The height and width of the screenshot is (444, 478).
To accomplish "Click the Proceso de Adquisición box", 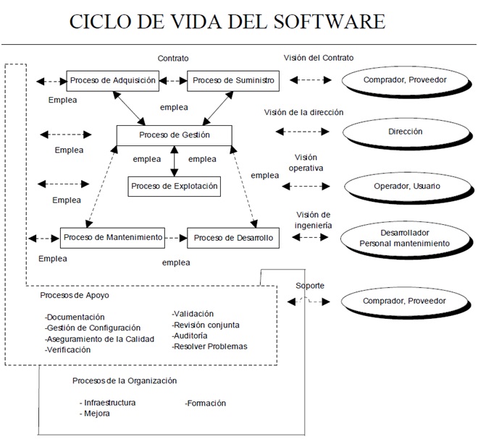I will [113, 81].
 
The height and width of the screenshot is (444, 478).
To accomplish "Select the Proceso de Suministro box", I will [233, 81].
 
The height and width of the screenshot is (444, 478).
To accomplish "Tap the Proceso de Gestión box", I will [174, 135].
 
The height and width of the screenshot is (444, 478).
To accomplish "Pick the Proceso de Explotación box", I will [174, 186].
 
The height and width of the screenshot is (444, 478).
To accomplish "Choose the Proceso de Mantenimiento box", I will [112, 237].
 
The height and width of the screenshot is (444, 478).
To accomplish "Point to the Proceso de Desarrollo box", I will [233, 237].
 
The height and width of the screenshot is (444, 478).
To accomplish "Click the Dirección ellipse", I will [405, 132].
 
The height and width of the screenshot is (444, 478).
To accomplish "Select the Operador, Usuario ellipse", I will [406, 186].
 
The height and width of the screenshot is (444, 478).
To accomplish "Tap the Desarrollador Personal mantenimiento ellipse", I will [405, 239].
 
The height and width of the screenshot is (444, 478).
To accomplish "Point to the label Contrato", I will [173, 57].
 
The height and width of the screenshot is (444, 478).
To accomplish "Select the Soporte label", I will [310, 286].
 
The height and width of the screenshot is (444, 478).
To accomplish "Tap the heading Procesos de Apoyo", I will [75, 295].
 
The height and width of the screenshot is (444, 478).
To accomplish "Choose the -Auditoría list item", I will [191, 336].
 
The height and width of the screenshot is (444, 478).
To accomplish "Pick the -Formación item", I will [206, 403].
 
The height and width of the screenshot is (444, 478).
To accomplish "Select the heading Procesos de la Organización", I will [125, 380].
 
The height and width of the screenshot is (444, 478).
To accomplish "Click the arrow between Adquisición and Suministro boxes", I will [174, 81].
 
